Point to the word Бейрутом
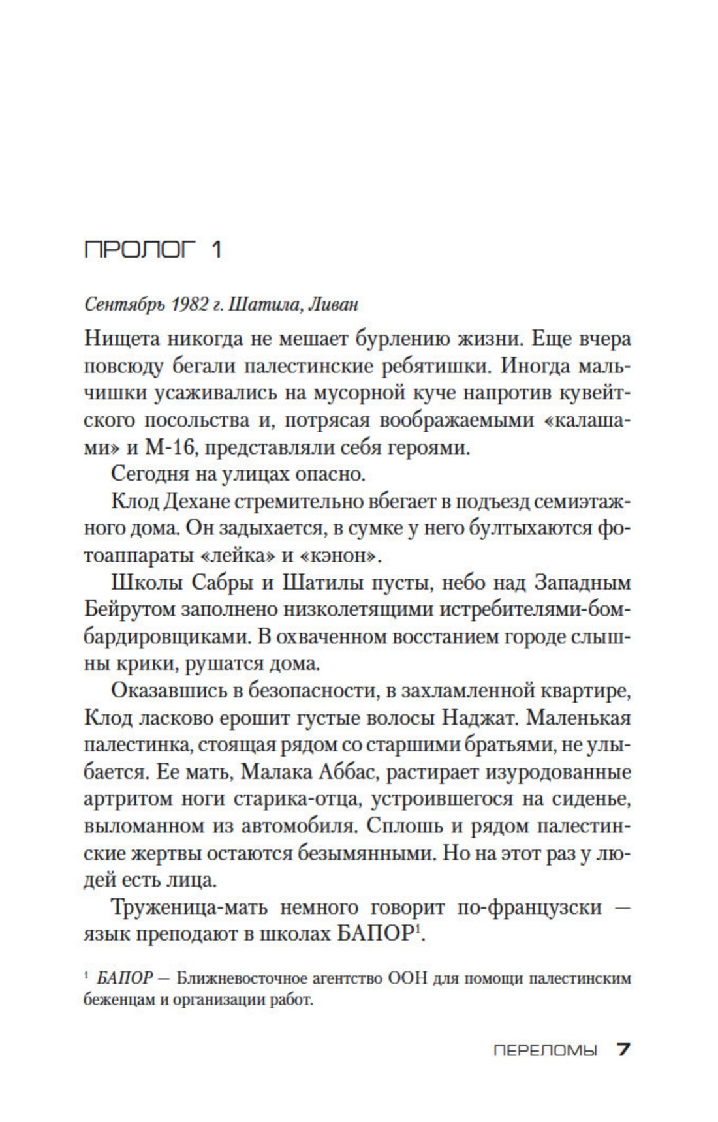click(x=130, y=610)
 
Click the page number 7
click(x=623, y=1050)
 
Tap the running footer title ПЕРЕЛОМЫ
click(x=546, y=1051)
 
